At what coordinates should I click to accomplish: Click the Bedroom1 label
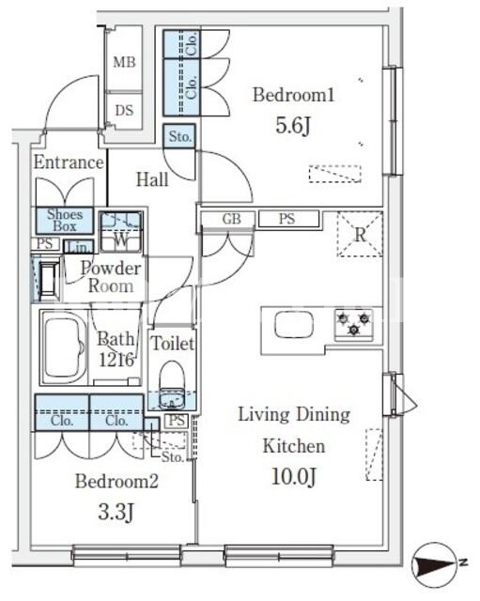tap(293, 95)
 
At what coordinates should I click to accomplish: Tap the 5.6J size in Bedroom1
tap(292, 125)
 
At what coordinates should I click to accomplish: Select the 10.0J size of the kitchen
tap(294, 476)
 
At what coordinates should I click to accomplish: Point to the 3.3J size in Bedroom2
tap(116, 511)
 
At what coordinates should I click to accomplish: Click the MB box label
tap(124, 62)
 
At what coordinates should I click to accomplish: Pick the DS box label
tap(124, 111)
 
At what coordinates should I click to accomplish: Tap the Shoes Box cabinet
tap(65, 221)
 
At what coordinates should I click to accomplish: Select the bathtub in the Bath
tap(65, 347)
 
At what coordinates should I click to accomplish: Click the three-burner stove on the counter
tap(354, 324)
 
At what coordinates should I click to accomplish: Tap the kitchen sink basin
tap(294, 324)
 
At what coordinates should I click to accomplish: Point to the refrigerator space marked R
tap(360, 234)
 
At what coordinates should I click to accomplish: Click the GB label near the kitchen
tap(231, 219)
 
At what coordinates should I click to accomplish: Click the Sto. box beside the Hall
tap(179, 136)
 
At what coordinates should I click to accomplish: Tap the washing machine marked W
tap(121, 232)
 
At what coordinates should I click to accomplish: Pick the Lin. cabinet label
tap(79, 246)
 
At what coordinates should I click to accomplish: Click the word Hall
tap(152, 179)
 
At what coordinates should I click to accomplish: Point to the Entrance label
tap(69, 162)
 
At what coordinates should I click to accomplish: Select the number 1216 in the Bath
tap(116, 360)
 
